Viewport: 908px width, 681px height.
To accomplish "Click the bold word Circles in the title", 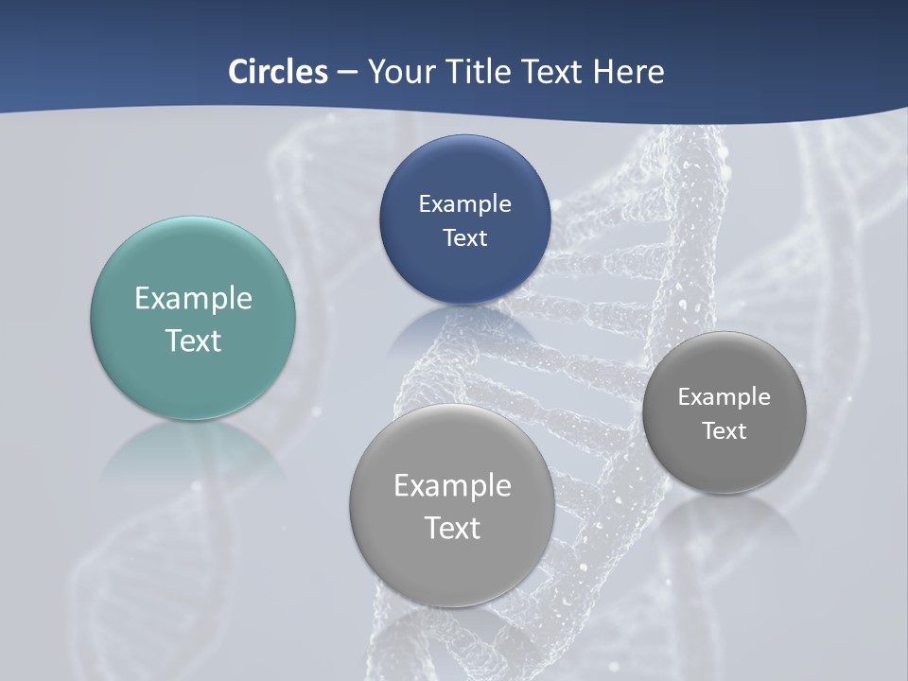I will coord(278,72).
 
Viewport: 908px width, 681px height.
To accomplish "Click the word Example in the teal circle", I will coord(193,298).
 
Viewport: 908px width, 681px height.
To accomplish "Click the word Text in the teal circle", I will coord(193,340).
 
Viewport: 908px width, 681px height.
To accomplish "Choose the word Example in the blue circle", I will coord(464,203).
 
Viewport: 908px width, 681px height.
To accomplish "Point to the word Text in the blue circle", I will coord(464,237).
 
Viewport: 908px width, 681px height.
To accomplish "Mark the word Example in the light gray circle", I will coord(452,485).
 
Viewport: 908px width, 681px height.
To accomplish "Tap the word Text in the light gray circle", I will coord(452,528).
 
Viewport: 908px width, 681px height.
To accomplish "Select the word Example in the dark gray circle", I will coord(724,396).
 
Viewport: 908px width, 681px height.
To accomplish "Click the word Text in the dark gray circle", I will coord(724,430).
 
